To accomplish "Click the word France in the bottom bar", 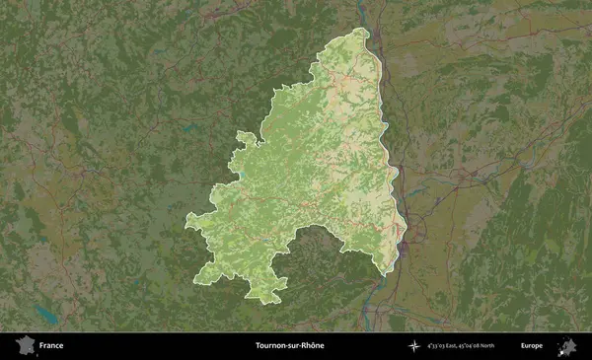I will coord(51,346).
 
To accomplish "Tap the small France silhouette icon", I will coord(24,345).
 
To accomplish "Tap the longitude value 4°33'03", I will coord(437,346).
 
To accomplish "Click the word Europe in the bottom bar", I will coord(533,346).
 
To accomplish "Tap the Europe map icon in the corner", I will coord(567,345).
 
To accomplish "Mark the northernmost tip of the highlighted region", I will coord(362,30).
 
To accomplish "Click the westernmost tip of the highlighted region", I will coord(186,219).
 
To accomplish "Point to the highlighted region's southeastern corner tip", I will coord(389,271).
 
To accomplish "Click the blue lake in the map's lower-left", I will coord(44,314).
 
